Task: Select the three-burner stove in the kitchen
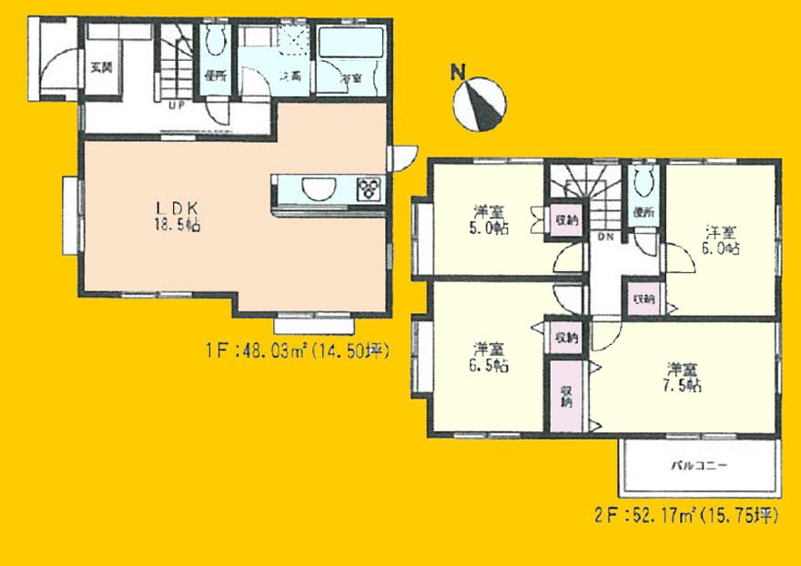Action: click(x=370, y=188)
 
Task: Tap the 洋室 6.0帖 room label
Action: click(x=721, y=238)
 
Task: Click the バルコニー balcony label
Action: click(x=699, y=465)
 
